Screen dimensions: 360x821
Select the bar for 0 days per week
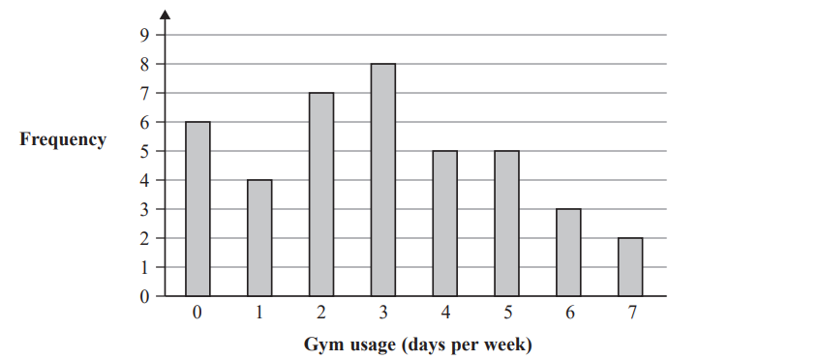[x=197, y=208]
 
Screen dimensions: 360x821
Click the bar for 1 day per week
[x=258, y=237]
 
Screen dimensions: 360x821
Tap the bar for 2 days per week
[x=320, y=194]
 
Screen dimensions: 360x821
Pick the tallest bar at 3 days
[x=382, y=179]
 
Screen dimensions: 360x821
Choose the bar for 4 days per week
[x=444, y=223]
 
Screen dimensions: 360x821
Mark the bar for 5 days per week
[x=506, y=223]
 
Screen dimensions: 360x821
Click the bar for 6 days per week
[x=568, y=252]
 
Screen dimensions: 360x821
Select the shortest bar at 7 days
[x=629, y=266]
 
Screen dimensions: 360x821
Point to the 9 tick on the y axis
[x=145, y=36]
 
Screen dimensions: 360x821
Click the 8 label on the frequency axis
[x=145, y=65]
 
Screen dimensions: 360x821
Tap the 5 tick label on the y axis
[x=145, y=152]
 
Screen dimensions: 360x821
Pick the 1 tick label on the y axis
[x=145, y=268]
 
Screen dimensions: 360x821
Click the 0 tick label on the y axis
[x=145, y=297]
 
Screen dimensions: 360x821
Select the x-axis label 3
[x=382, y=315]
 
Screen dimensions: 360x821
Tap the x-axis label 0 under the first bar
[x=197, y=315]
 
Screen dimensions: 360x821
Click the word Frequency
[x=63, y=140]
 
